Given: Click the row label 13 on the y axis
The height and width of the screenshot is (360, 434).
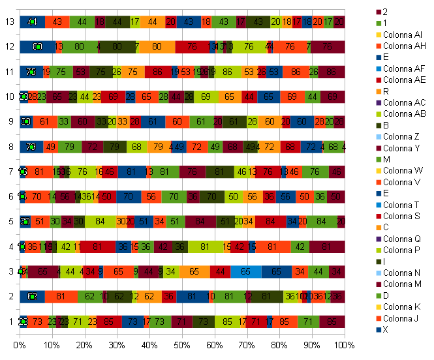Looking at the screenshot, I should point(9,22).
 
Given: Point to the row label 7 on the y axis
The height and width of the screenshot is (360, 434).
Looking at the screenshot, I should point(9,172).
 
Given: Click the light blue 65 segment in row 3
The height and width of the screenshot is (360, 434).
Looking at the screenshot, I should point(246,271).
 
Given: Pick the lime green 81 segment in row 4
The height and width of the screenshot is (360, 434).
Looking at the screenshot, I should point(206,247).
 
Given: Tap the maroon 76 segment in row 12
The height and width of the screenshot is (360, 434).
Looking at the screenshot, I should point(327,47).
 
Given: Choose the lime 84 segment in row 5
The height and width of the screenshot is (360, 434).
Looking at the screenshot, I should point(100,222).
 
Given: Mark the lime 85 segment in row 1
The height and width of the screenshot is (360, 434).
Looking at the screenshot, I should point(226,322).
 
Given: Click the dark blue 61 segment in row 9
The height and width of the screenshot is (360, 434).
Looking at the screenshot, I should point(152,122).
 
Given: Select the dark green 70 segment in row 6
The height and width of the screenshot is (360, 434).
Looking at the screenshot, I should point(212,197).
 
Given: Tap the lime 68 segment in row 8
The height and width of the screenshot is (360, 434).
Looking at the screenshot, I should point(136,147).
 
